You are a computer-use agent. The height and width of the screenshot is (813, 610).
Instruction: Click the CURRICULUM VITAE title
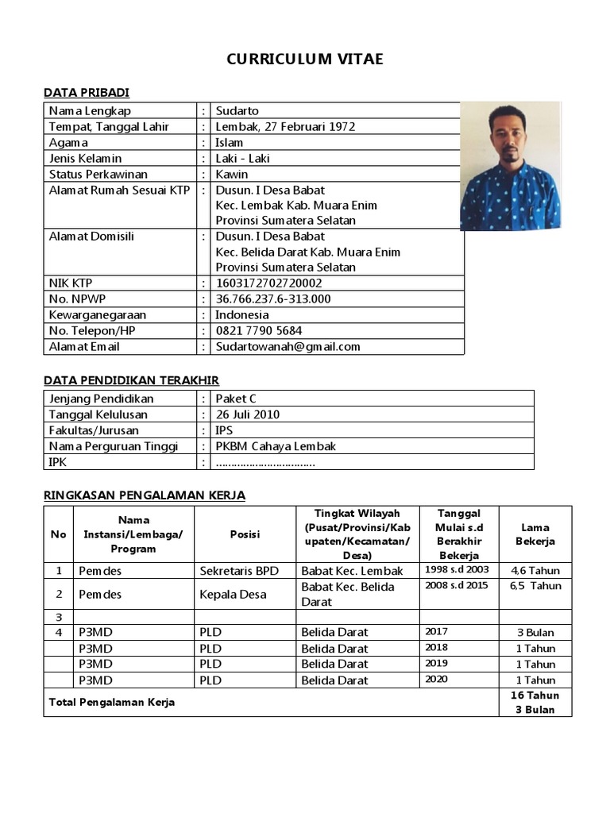coord(305,60)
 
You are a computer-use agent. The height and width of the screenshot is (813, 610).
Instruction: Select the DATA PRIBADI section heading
coord(87,92)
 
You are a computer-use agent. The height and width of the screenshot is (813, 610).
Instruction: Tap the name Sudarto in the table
coord(237,110)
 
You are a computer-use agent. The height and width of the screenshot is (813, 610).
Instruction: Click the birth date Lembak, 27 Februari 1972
coord(285,126)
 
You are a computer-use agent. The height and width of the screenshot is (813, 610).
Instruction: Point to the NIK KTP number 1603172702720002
coord(269,283)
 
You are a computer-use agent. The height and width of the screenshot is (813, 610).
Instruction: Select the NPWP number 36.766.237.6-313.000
coord(273,299)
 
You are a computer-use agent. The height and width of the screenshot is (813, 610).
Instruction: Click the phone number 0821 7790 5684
coord(259,330)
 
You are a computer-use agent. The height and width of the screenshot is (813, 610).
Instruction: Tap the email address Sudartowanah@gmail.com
coord(288,346)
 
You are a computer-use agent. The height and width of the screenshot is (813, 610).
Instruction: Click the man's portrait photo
coord(511,165)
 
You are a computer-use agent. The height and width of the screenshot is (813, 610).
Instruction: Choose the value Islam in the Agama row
coord(230,142)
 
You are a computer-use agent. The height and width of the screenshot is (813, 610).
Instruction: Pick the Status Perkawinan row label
coord(98,174)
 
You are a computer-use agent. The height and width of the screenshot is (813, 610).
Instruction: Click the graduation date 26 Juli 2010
coord(248,414)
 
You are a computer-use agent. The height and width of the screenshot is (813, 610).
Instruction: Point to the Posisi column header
coord(245,534)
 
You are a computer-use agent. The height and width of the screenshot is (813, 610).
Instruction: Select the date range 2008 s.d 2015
coord(457,586)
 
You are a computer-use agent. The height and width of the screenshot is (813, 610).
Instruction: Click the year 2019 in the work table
coord(437,663)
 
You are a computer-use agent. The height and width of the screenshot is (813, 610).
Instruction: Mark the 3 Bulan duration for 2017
coord(535,633)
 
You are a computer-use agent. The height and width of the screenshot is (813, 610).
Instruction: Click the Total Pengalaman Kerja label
coord(112,702)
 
